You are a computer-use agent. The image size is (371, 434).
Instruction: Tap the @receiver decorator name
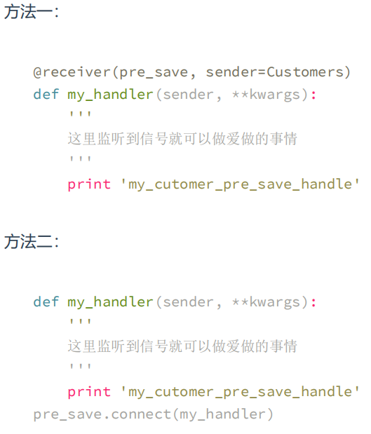(72, 72)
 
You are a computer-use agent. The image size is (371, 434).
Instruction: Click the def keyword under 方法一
(46, 94)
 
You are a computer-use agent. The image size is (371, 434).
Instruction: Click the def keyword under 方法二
(46, 301)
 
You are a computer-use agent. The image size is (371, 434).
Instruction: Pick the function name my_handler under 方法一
(110, 95)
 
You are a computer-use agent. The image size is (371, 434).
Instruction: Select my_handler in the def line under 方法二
(110, 302)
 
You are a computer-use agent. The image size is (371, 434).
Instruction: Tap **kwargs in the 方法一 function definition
(266, 95)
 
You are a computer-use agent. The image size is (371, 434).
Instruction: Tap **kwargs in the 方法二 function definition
(266, 302)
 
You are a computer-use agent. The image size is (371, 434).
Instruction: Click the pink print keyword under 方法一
(89, 184)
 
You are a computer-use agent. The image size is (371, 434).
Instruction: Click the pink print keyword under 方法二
(89, 392)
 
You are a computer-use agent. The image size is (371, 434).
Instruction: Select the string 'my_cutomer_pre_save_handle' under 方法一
(240, 184)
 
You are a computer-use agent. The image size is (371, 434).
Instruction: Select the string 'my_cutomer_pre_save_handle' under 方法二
(240, 392)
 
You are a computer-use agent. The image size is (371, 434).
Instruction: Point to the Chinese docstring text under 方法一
(182, 139)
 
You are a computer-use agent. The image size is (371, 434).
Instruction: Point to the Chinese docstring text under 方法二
(182, 346)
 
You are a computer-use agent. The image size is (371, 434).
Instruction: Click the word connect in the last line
(141, 414)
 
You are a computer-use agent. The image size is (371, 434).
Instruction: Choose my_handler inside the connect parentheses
(222, 415)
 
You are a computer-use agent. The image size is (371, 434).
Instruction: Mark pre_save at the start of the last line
(67, 415)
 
